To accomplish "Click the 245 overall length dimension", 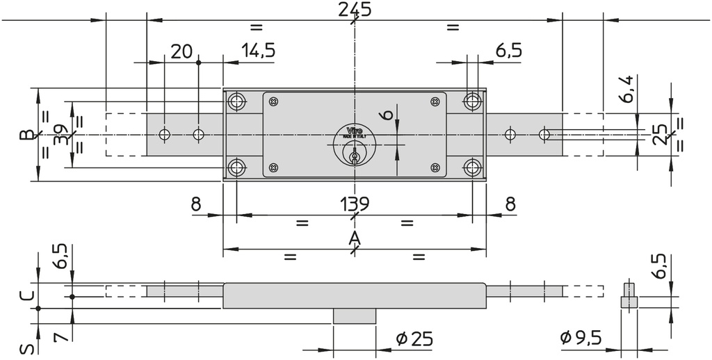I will pyautogui.click(x=354, y=10).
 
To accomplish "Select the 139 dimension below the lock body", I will pyautogui.click(x=354, y=204).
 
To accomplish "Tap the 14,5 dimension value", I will pyautogui.click(x=258, y=51).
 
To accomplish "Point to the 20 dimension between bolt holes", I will pyautogui.click(x=181, y=51).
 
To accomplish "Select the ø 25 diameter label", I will pyautogui.click(x=414, y=338).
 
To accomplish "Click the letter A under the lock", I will pyautogui.click(x=354, y=239).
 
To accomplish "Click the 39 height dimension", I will pyautogui.click(x=60, y=135).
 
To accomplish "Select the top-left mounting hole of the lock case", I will pyautogui.click(x=237, y=102).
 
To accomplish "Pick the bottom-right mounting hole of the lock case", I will pyautogui.click(x=473, y=167).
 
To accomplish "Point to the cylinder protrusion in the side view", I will pyautogui.click(x=354, y=316).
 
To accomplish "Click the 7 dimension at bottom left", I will pyautogui.click(x=60, y=336).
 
